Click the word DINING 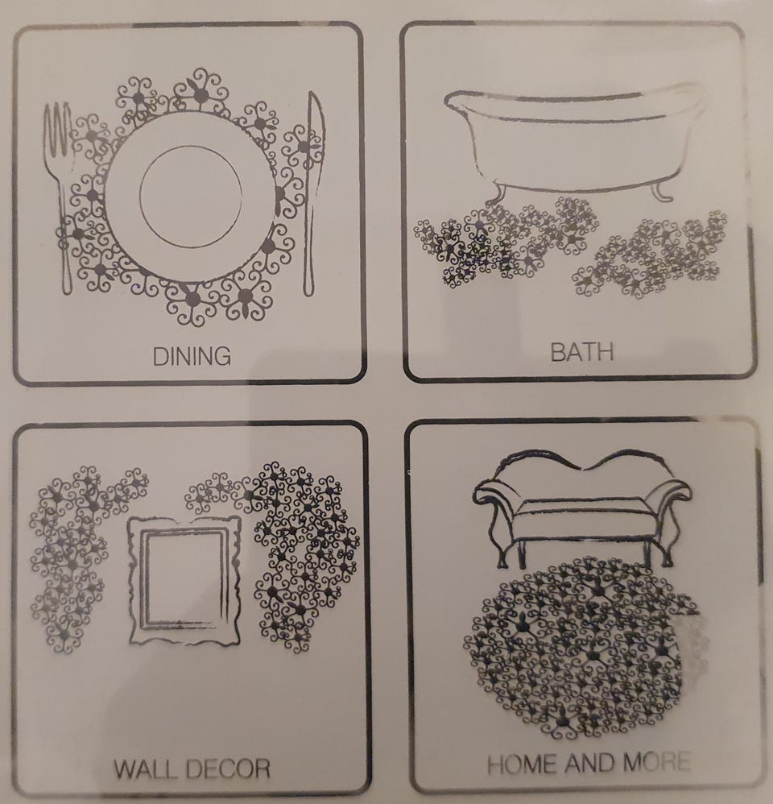point(192,356)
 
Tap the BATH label point(582,352)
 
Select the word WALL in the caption point(146,769)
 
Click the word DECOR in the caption point(228,769)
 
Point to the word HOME point(523,765)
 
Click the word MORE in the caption point(655,762)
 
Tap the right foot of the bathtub point(661,191)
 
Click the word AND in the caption point(590,764)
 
